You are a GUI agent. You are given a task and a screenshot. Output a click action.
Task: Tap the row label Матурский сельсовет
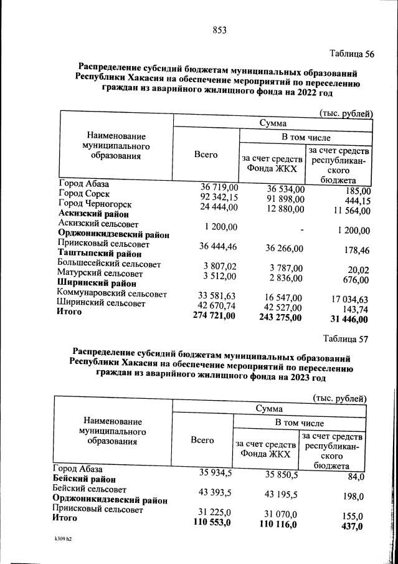[100, 274]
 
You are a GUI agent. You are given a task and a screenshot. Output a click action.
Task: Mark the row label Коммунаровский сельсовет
[112, 294]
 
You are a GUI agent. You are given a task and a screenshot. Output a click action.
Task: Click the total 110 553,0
[211, 522]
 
